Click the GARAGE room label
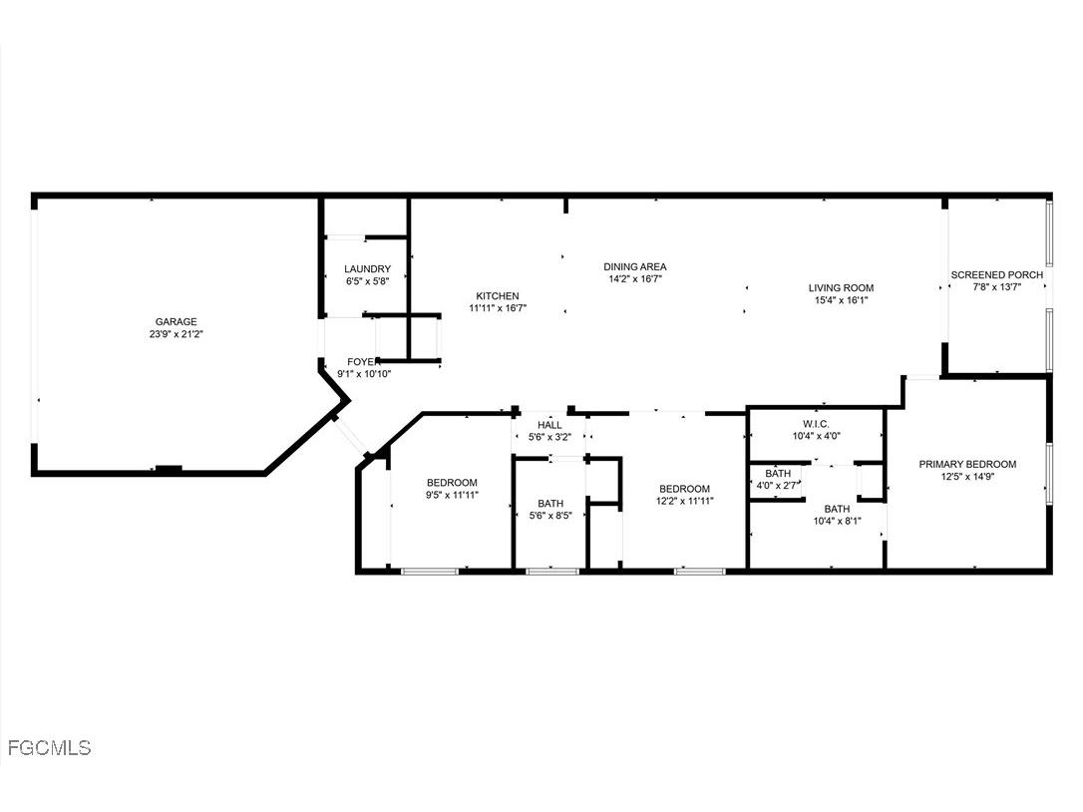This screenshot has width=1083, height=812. [176, 321]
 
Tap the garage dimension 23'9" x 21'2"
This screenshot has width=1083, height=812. [176, 334]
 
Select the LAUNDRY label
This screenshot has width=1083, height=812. [367, 269]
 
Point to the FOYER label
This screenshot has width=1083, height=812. [361, 361]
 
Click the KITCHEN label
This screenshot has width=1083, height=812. [498, 295]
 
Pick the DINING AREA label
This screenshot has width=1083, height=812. [635, 266]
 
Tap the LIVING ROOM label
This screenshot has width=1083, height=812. [841, 287]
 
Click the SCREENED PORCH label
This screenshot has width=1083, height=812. [997, 274]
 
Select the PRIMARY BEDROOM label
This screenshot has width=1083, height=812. [967, 464]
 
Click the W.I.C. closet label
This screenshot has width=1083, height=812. [817, 423]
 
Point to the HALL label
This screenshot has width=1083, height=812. [549, 425]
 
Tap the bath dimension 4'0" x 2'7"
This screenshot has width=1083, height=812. [778, 486]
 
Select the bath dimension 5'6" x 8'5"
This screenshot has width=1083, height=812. [549, 516]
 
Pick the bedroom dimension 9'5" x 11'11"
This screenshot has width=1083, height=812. [452, 495]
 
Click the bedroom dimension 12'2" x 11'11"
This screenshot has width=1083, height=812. [684, 502]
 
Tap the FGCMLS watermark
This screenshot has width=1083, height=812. [48, 747]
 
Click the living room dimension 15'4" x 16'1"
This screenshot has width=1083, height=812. [841, 300]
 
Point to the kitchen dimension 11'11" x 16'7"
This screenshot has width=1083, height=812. [498, 308]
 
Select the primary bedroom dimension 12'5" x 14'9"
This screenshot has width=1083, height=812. [967, 477]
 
